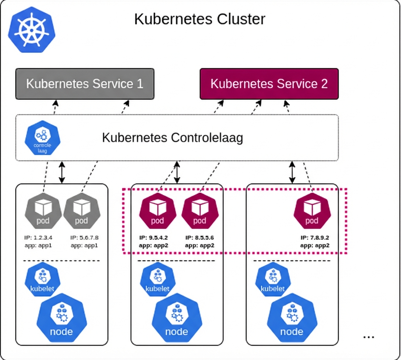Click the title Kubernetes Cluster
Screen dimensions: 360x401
[x=199, y=19]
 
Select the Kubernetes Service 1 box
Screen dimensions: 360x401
[x=84, y=84]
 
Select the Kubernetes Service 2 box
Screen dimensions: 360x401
[x=269, y=84]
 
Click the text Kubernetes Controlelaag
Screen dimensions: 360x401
[x=172, y=138]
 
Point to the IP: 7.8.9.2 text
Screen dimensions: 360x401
[x=315, y=238]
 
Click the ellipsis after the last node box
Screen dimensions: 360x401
[x=369, y=336]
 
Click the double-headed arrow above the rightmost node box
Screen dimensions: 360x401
[x=292, y=172]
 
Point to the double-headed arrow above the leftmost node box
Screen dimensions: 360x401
[x=62, y=172]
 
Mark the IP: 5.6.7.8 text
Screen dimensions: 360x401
[x=84, y=238]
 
